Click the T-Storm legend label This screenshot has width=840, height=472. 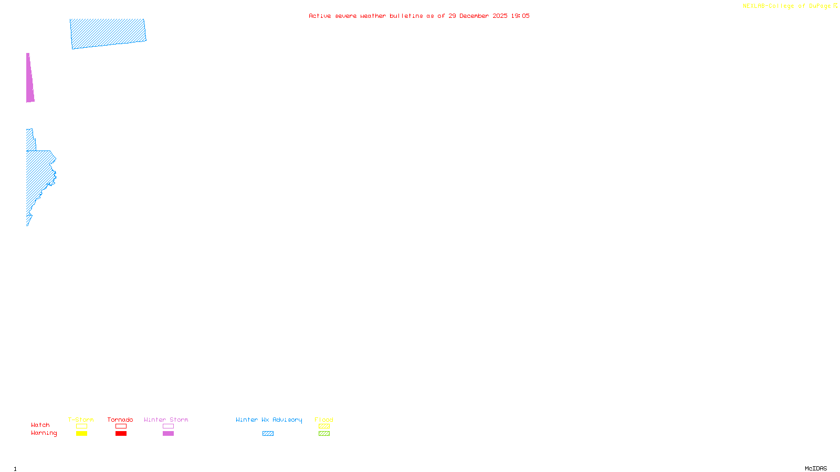tap(81, 420)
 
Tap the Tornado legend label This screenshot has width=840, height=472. tap(120, 420)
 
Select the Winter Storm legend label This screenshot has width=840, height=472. tap(166, 420)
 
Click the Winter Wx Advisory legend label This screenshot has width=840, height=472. tap(269, 420)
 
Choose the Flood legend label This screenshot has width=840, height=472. tap(324, 420)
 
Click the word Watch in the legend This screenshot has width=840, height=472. tap(40, 425)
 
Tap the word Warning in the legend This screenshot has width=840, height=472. tap(44, 433)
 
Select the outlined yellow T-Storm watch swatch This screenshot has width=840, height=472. tap(81, 426)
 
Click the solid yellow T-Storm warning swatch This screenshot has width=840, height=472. tap(81, 434)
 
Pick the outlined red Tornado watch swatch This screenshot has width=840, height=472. tap(121, 426)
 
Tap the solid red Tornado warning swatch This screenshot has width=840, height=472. tap(121, 434)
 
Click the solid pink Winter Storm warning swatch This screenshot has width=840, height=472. tap(168, 434)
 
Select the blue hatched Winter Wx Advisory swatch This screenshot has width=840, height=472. tap(268, 434)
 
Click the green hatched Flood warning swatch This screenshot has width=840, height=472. tap(324, 434)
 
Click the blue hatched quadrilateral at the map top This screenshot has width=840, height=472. tap(108, 34)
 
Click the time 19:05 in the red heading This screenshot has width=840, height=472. tap(520, 16)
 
